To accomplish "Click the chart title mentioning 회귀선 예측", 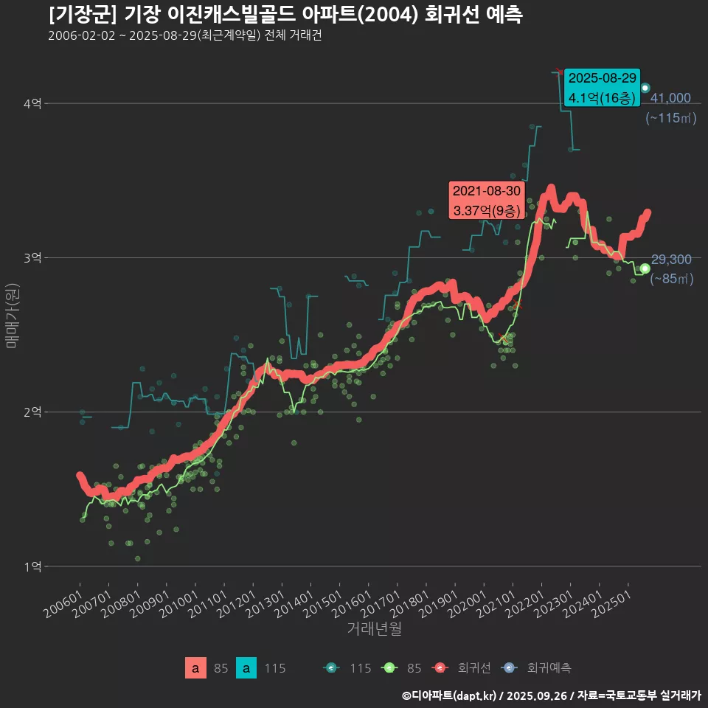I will pyautogui.click(x=285, y=15).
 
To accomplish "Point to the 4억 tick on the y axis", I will pyautogui.click(x=32, y=104).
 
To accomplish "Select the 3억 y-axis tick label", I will pyautogui.click(x=32, y=258).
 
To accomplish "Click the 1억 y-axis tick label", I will pyautogui.click(x=32, y=566).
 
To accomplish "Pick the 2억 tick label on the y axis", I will pyautogui.click(x=32, y=412).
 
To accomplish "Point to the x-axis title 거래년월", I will pyautogui.click(x=374, y=629).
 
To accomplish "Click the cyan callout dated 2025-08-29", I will pyautogui.click(x=602, y=88).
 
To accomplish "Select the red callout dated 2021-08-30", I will pyautogui.click(x=487, y=201).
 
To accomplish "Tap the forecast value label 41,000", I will pyautogui.click(x=670, y=98).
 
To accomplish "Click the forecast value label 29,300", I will pyautogui.click(x=671, y=260).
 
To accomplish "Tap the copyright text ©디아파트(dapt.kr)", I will pyautogui.click(x=450, y=695).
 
